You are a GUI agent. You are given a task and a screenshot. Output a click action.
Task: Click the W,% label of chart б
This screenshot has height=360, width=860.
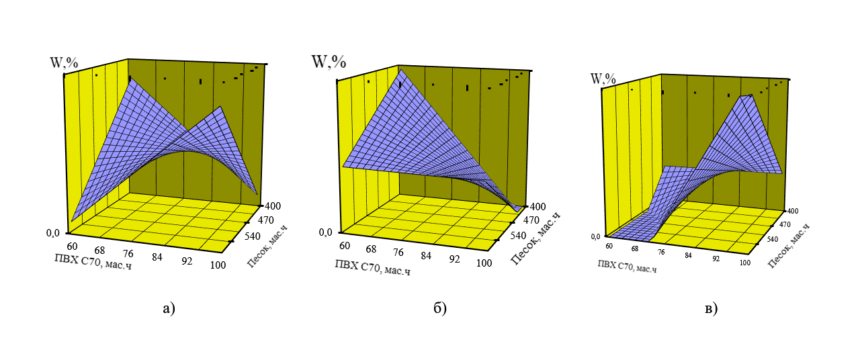coord(329,61)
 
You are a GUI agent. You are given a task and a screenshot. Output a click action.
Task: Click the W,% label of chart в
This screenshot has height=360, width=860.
coord(603,79)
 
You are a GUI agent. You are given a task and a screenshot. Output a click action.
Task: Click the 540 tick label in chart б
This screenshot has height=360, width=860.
coord(511,236)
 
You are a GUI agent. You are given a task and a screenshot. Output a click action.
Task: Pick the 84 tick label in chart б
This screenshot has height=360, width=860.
coord(425,256)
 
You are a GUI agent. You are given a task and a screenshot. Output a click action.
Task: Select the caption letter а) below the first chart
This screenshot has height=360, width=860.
coord(169,308)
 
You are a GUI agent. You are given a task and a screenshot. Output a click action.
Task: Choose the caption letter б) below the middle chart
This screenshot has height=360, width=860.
coord(440,308)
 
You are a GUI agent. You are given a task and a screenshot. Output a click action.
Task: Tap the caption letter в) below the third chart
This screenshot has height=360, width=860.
coord(710,308)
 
